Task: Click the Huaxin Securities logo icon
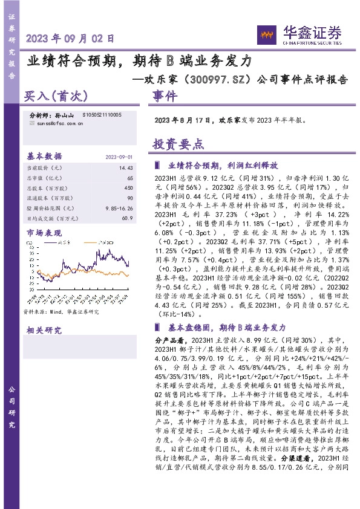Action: [x=265, y=34]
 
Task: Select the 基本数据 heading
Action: [x=45, y=156]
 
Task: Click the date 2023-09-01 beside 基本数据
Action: [x=119, y=157]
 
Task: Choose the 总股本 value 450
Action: [x=128, y=187]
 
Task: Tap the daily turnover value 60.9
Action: [x=126, y=218]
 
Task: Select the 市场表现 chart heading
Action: [x=44, y=232]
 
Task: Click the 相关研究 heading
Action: [x=44, y=330]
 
